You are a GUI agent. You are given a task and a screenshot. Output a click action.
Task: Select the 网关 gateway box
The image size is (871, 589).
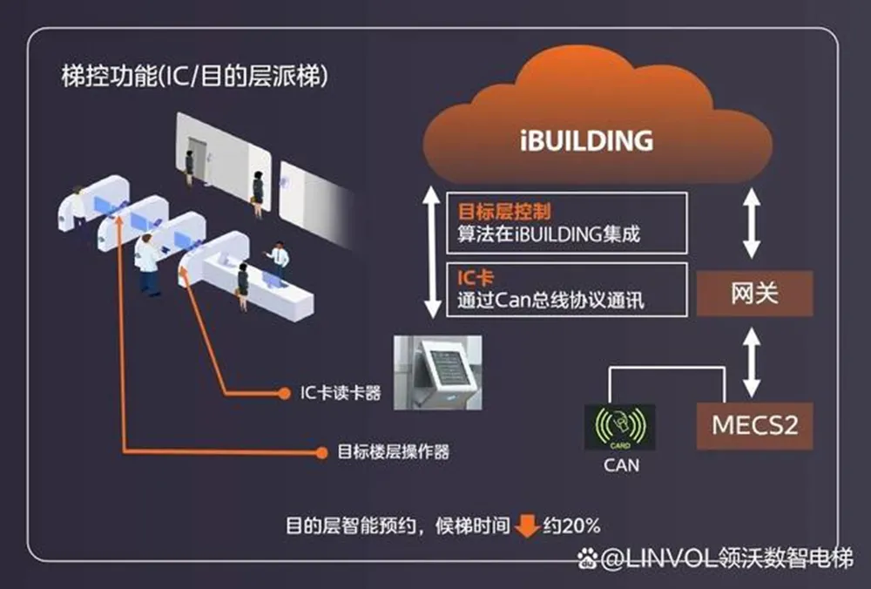point(754,293)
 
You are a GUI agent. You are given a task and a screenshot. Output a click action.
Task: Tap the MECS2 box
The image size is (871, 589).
point(754,426)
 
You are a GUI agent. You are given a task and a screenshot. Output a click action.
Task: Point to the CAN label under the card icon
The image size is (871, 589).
point(621,465)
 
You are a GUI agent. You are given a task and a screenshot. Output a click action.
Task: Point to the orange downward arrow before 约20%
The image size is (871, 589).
point(526,525)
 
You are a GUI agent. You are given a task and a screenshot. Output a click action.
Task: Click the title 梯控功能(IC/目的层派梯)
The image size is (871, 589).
point(194,77)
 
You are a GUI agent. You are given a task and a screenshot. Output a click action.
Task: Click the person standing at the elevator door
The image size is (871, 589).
point(189,166)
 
